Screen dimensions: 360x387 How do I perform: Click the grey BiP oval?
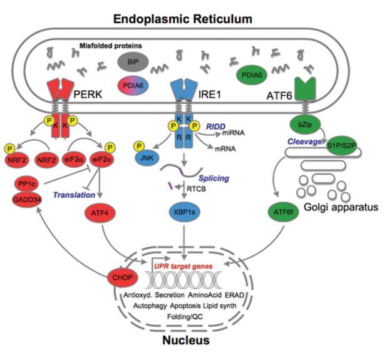tap(130, 61)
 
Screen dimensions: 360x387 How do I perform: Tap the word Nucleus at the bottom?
tap(188, 341)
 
